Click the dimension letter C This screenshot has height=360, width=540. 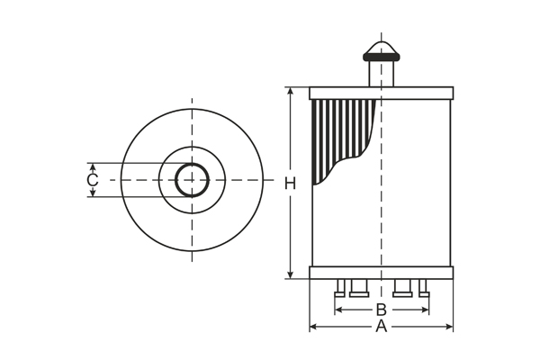point(92,181)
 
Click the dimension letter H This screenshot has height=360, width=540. point(290,184)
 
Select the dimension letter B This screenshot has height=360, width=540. point(381,310)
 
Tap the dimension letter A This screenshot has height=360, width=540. point(381,327)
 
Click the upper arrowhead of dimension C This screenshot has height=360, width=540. point(92,167)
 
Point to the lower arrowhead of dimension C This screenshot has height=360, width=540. point(92,193)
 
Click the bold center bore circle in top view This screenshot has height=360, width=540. point(191,180)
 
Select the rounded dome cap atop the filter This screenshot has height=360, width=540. point(381,45)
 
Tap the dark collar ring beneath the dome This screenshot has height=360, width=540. point(381,58)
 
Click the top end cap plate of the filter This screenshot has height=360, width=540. point(381,93)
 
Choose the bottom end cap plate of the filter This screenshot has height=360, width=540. point(381,273)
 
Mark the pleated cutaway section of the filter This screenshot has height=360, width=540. point(337,130)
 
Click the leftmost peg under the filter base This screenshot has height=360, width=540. point(340,288)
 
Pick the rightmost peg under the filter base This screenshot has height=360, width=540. point(423,288)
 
